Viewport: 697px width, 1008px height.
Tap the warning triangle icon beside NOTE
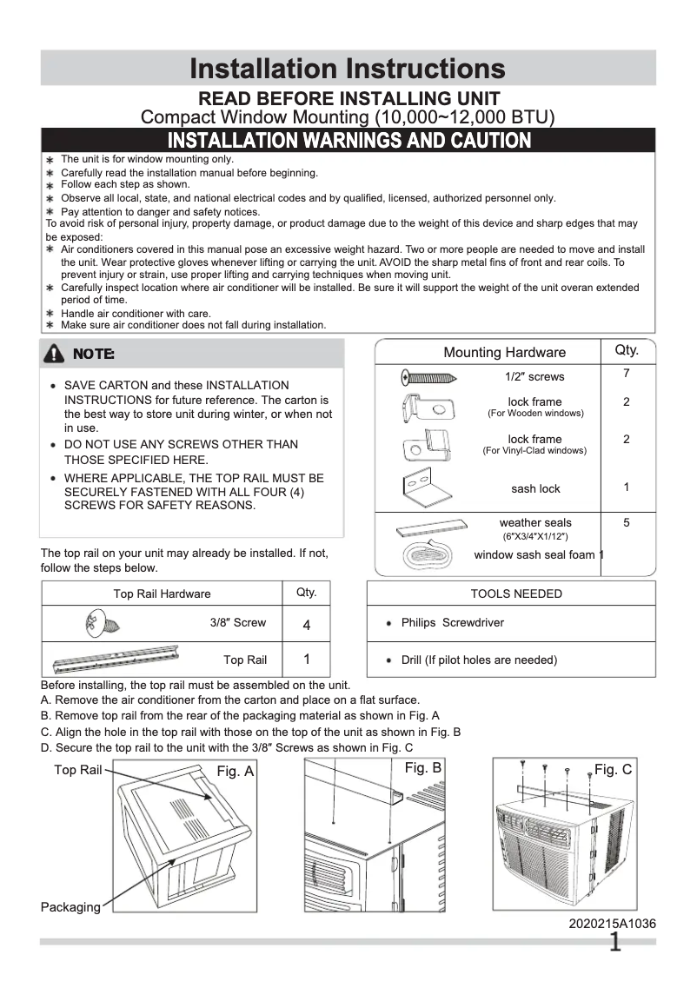55,354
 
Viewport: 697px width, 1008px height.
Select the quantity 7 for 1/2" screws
626,373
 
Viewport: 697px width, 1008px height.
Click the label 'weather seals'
535,522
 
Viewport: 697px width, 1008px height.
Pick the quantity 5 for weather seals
626,523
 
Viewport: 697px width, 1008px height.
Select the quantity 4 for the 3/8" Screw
307,625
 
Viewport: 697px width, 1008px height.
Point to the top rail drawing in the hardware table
128,658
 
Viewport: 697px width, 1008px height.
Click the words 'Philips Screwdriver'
452,623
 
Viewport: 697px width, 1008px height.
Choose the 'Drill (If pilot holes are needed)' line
478,660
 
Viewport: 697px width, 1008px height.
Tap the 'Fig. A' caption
235,771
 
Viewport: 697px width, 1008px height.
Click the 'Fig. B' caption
423,768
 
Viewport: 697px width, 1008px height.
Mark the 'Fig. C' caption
613,770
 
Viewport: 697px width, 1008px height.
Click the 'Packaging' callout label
70,907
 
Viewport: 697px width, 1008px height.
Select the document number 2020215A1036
612,924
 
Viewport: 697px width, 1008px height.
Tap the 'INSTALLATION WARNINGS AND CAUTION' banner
348,141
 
